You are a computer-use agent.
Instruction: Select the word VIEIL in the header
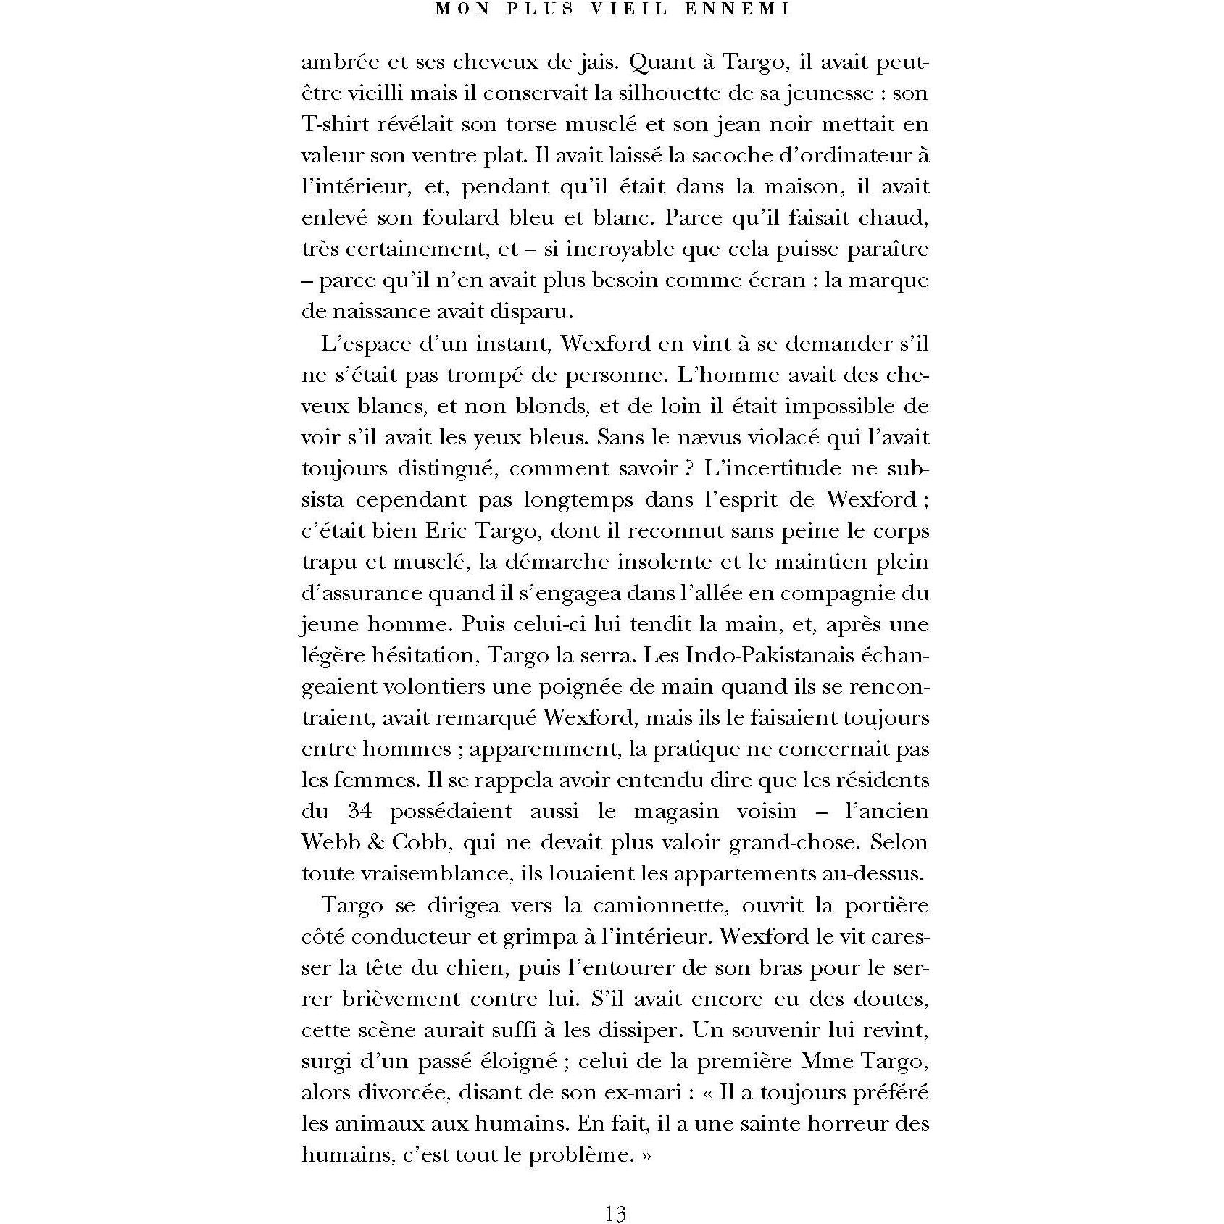630,9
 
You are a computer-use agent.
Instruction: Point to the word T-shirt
334,125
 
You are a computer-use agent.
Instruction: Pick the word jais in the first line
598,62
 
